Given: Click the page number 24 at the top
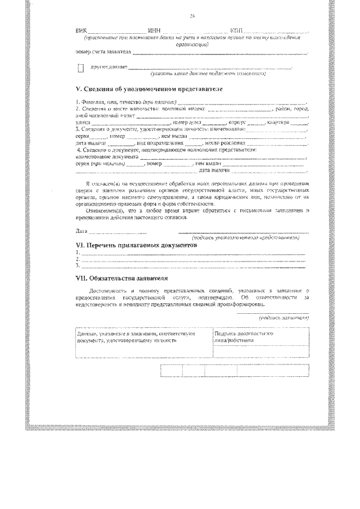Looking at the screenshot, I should coord(192,15).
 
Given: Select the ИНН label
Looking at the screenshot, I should coord(152,30).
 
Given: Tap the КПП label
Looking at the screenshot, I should coord(237,30).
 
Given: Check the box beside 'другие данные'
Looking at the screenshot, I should coord(80,69).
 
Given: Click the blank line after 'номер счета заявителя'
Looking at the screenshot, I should coord(219,52).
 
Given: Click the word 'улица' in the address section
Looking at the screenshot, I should coord(82,121).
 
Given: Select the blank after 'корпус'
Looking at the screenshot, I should coord(256,121).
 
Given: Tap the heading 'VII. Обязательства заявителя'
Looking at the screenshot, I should coord(121,278).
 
